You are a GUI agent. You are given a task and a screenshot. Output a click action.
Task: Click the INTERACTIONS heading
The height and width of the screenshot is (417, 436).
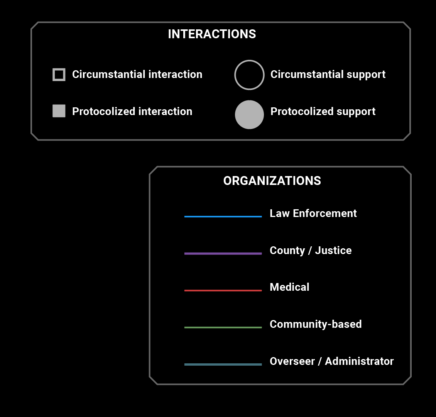(x=212, y=34)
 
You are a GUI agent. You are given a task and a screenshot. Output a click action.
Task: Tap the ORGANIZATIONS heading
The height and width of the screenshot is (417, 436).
(x=272, y=181)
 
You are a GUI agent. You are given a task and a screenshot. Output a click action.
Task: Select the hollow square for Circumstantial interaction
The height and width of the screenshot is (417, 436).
(x=59, y=75)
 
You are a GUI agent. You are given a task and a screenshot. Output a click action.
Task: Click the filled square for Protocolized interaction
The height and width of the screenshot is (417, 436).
(x=59, y=111)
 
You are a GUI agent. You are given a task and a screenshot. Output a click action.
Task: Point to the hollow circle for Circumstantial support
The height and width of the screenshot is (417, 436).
(x=249, y=75)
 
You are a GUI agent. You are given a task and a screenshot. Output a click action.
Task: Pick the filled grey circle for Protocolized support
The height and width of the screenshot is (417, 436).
(x=249, y=115)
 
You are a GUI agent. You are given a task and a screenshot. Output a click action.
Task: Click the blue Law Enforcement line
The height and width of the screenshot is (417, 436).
(x=223, y=217)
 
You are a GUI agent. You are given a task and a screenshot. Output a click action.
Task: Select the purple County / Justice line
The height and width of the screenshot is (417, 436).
(x=223, y=254)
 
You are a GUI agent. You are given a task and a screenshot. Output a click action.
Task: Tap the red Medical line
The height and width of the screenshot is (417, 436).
(x=223, y=290)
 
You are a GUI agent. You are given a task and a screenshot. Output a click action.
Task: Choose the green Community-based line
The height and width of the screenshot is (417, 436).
(x=223, y=327)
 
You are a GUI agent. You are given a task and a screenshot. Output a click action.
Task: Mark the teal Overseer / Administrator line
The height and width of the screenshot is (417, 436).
(x=223, y=364)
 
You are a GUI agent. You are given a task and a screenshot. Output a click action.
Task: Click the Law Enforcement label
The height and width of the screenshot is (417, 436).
(x=313, y=214)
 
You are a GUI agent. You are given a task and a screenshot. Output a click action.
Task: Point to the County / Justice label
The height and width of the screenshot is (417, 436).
(x=311, y=251)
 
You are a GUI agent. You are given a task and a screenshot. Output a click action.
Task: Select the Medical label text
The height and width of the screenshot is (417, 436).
(x=289, y=287)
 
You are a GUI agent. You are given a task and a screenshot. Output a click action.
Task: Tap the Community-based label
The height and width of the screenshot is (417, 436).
(x=316, y=324)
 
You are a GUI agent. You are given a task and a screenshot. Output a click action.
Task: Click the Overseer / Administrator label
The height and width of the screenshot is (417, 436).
(x=331, y=361)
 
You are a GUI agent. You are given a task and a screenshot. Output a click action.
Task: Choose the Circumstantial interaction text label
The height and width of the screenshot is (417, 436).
(x=137, y=75)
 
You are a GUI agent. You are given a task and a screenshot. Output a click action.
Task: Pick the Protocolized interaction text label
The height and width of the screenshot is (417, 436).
(x=132, y=112)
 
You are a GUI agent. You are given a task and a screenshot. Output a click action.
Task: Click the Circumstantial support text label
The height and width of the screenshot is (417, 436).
(x=328, y=75)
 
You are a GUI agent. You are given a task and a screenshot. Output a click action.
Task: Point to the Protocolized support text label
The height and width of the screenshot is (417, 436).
(x=323, y=112)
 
